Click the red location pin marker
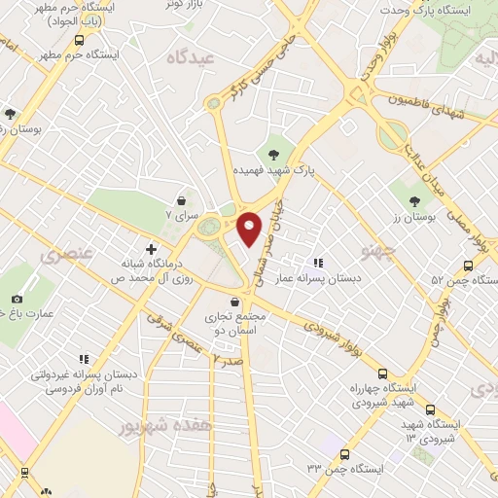click(x=250, y=228)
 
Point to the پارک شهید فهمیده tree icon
click(x=275, y=153)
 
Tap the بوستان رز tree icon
click(x=414, y=200)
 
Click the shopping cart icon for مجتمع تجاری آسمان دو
click(x=236, y=302)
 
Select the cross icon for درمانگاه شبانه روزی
click(x=151, y=249)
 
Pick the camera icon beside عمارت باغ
click(x=17, y=299)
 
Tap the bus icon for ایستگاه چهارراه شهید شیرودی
click(x=382, y=373)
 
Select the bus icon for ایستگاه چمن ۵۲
click(x=468, y=265)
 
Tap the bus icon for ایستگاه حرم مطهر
click(x=93, y=40)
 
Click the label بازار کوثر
click(x=160, y=6)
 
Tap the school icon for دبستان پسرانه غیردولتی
click(x=85, y=359)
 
